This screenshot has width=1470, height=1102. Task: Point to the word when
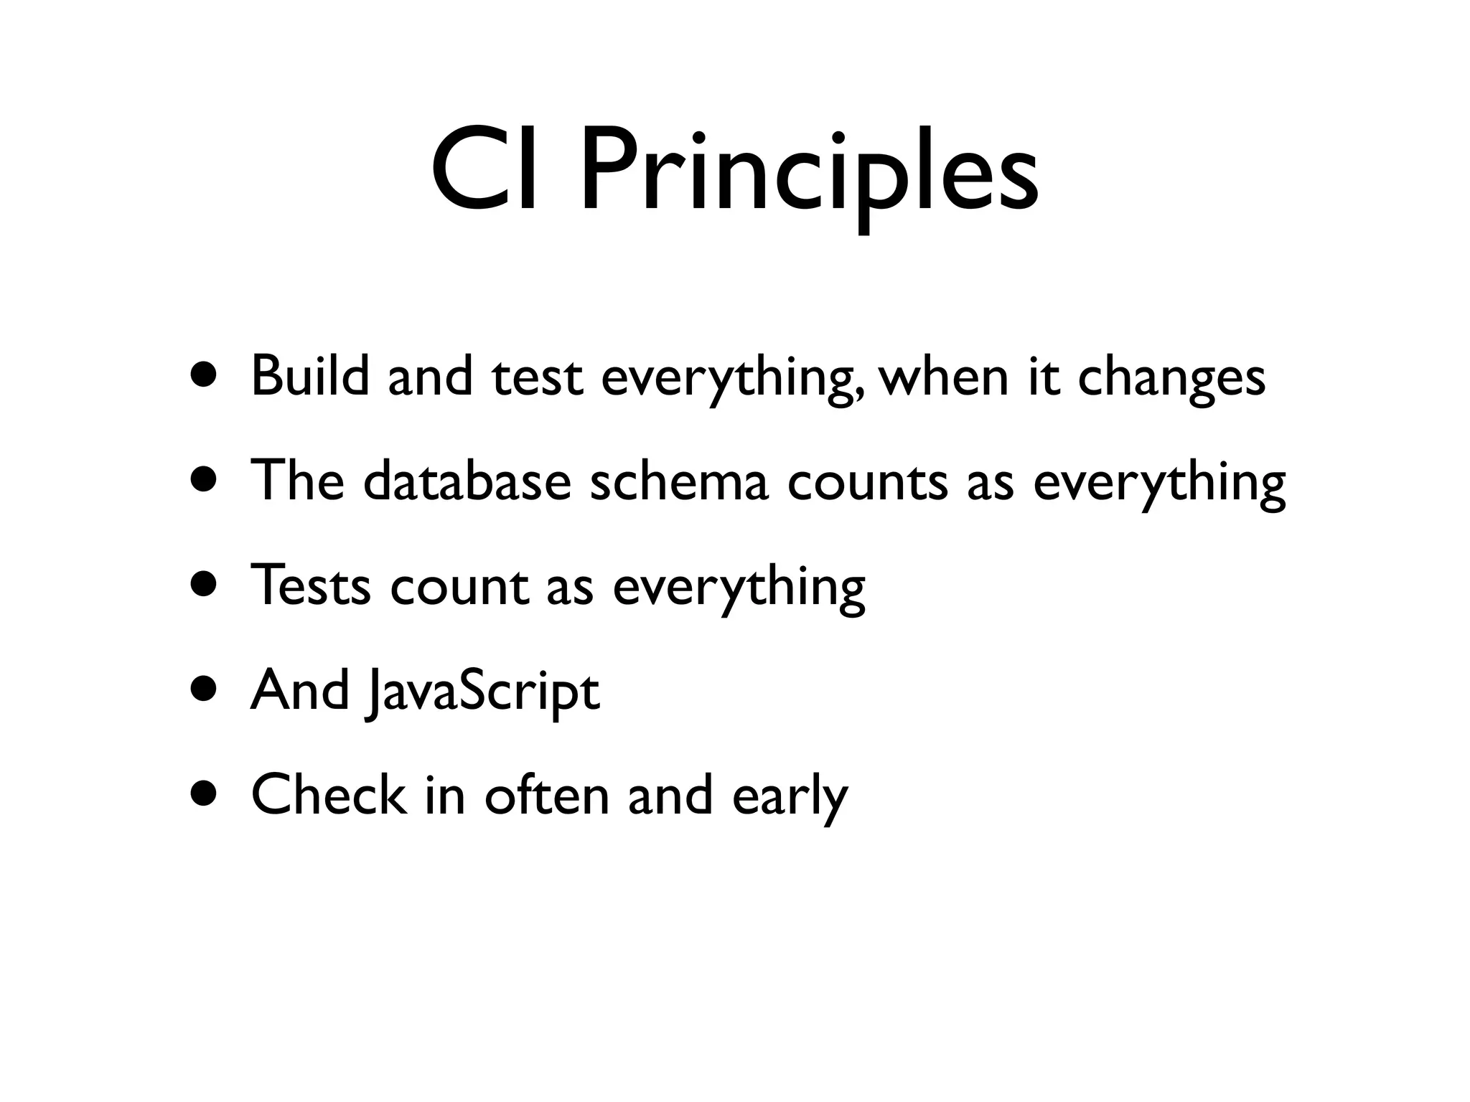pos(945,375)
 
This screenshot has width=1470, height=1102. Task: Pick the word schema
pos(678,480)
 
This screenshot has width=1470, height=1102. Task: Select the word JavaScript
pos(482,690)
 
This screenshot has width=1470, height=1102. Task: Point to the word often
pos(546,795)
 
